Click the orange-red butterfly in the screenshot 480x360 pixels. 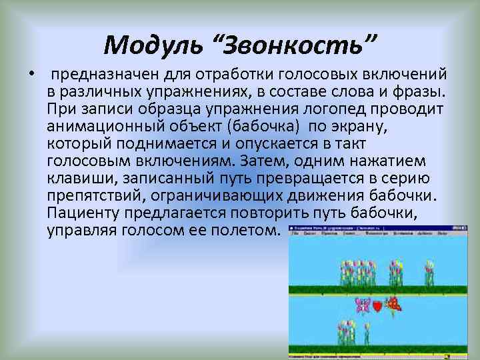(395, 304)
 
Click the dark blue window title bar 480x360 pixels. (360, 227)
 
